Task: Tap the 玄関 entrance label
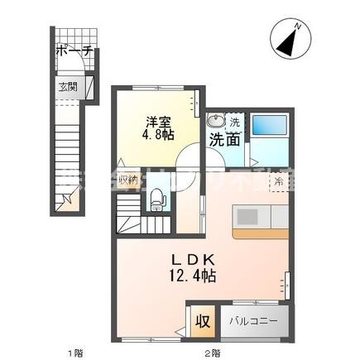tap(66, 86)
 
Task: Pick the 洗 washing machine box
tap(234, 122)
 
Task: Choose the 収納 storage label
tap(127, 177)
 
